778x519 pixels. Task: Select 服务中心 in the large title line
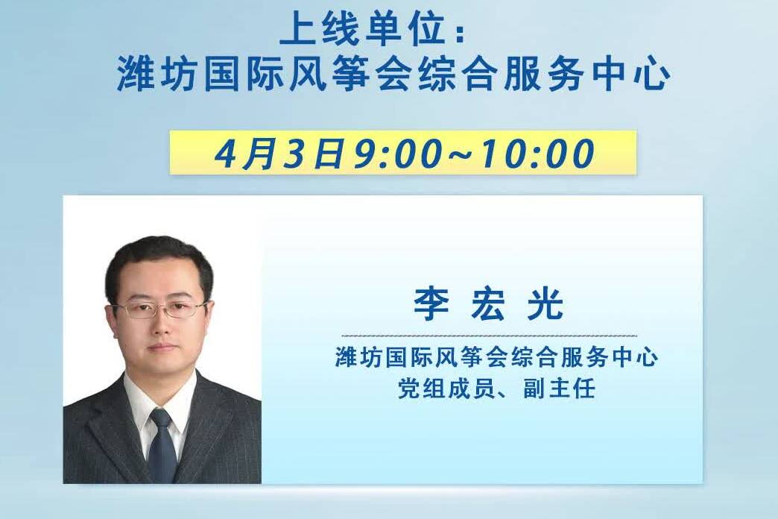pos(586,75)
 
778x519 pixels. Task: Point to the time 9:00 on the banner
pos(397,153)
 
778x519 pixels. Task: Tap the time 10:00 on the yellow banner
pos(538,153)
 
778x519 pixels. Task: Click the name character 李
pos(431,304)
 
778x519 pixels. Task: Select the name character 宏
pos(488,304)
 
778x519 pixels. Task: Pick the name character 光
pos(545,304)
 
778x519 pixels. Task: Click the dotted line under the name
pos(489,336)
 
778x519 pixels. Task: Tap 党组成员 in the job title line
pos(446,388)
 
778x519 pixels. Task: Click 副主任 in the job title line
pos(559,388)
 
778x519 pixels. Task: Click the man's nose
pos(161,324)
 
